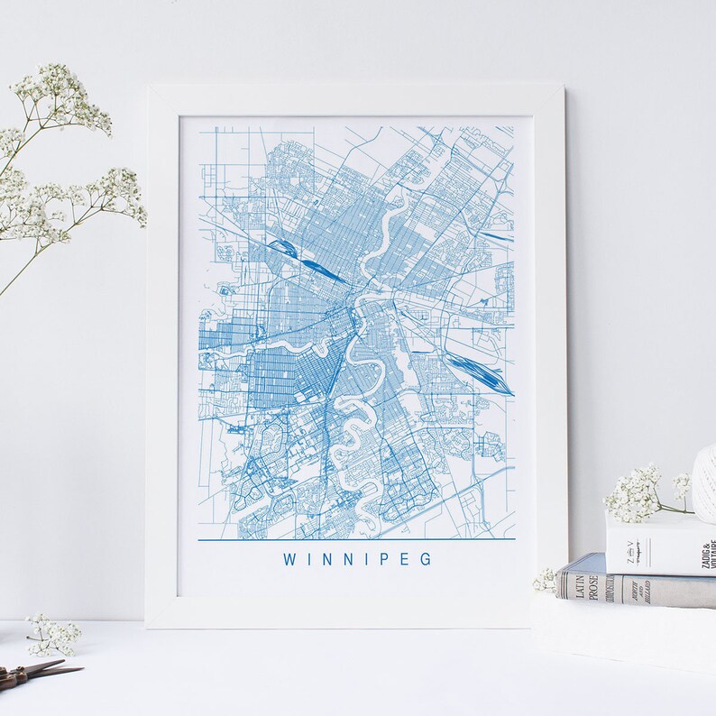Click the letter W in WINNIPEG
pos(289,559)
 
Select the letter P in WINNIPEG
pos(378,559)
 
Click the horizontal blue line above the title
pos(355,538)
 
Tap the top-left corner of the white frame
pos(150,87)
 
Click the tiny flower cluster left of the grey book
pos(545,580)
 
